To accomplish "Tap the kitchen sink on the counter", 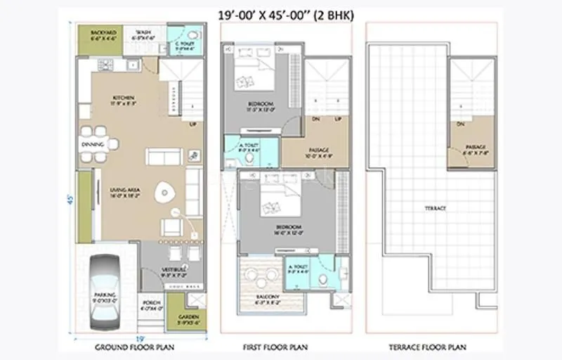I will pos(133,65).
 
